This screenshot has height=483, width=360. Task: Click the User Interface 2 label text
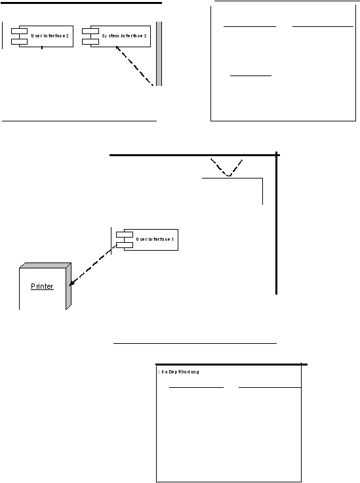tap(50, 36)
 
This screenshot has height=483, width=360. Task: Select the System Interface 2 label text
tap(125, 36)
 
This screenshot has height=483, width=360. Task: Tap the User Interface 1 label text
tap(155, 240)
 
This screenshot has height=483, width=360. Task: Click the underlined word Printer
tap(42, 286)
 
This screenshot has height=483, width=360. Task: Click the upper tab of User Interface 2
tap(20, 31)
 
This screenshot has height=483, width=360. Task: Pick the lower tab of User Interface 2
tap(20, 41)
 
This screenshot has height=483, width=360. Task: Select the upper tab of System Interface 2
tap(90, 31)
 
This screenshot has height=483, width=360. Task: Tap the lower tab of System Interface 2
tap(90, 41)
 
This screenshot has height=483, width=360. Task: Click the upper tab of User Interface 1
tap(125, 235)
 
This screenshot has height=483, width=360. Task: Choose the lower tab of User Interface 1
tap(125, 245)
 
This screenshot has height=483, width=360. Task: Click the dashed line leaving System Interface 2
tap(134, 66)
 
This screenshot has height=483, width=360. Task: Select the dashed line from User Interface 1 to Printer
tap(93, 265)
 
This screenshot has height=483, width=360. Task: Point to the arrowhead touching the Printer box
tap(71, 283)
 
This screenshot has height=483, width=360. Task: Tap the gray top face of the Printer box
tap(45, 266)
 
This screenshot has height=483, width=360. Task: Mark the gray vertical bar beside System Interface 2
tap(159, 54)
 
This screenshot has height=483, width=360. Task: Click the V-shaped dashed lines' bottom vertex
tap(229, 176)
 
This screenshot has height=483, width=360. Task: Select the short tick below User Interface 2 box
tap(42, 48)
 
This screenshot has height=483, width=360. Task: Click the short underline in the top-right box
tap(250, 75)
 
